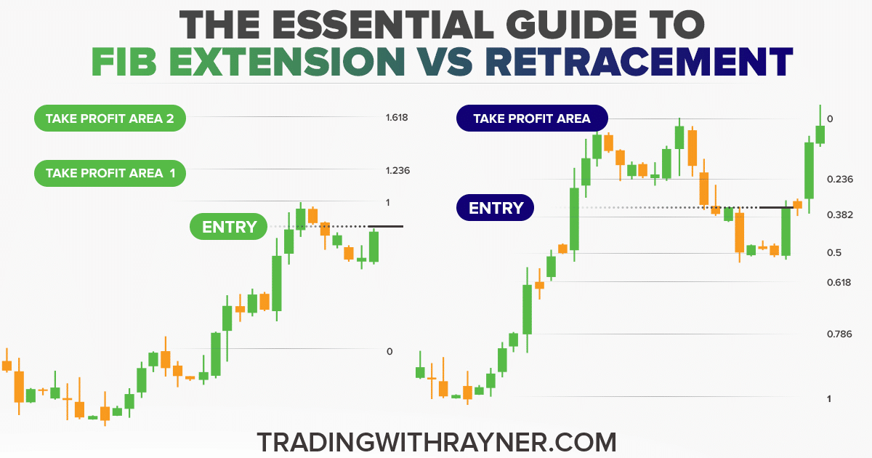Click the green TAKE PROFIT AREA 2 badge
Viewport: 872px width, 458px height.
coord(110,118)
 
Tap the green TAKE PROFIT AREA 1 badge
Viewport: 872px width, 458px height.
coord(110,173)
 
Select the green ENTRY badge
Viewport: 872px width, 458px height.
coord(228,226)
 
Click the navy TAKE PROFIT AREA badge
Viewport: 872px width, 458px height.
coord(532,118)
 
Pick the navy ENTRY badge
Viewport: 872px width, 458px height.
coord(495,208)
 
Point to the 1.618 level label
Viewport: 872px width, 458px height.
coord(397,118)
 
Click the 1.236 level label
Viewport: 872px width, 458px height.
coord(397,171)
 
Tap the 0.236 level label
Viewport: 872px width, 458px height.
coord(840,179)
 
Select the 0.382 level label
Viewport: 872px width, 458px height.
coord(840,214)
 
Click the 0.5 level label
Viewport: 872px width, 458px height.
coord(834,253)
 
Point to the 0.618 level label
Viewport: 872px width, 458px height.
coord(839,282)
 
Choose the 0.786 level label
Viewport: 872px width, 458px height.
coord(839,334)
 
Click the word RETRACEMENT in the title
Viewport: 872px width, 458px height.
coord(639,62)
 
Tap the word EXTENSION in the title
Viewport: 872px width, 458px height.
coord(287,62)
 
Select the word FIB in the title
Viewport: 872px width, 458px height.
coord(124,62)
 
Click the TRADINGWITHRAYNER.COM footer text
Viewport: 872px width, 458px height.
coord(437,442)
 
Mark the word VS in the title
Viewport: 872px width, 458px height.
coord(445,62)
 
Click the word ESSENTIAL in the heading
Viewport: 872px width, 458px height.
coord(383,25)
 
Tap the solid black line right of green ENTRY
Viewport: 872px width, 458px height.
coord(385,226)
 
